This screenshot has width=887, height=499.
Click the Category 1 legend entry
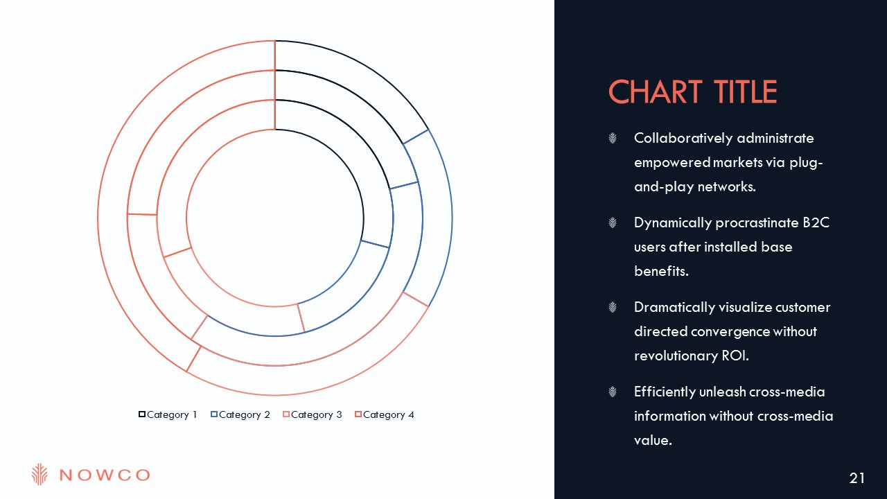[x=168, y=414]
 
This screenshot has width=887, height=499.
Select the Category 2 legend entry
[x=240, y=414]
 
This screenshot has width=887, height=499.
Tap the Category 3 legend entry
[x=312, y=414]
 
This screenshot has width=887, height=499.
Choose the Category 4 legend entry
[x=384, y=414]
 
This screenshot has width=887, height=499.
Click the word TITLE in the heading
[x=746, y=92]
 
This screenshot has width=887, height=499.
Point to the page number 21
[x=857, y=478]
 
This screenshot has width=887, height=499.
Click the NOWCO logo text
[x=105, y=475]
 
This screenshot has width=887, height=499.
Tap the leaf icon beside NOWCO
[x=39, y=474]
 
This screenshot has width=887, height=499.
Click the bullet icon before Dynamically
[x=613, y=222]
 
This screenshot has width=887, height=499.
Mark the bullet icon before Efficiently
[x=613, y=392]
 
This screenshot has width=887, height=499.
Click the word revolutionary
[x=676, y=356]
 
